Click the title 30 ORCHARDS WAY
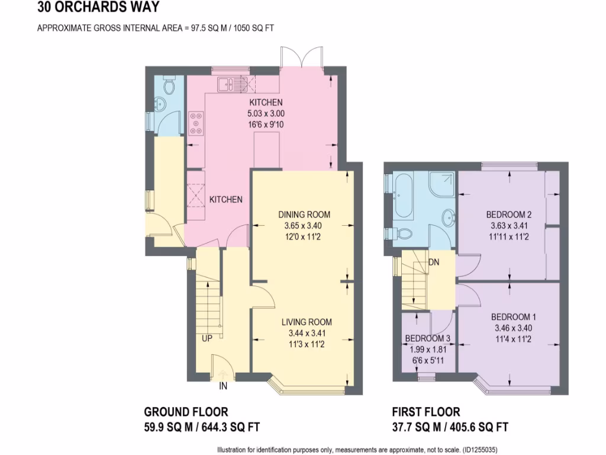point(98,8)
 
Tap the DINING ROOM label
point(304,214)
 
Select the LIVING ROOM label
point(306,322)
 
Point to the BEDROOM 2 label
point(509,214)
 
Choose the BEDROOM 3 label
point(428,339)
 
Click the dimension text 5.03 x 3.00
point(261,114)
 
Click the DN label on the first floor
point(433,262)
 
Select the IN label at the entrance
point(224,386)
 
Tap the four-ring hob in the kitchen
point(196,123)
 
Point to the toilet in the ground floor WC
point(169,87)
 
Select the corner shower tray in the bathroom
point(441,184)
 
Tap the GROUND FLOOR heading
point(186,412)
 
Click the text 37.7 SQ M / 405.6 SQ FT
point(450,427)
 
